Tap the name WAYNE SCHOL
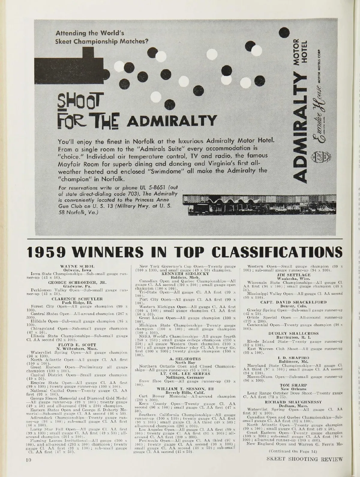click(73, 266)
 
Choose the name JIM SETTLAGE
click(293, 274)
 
